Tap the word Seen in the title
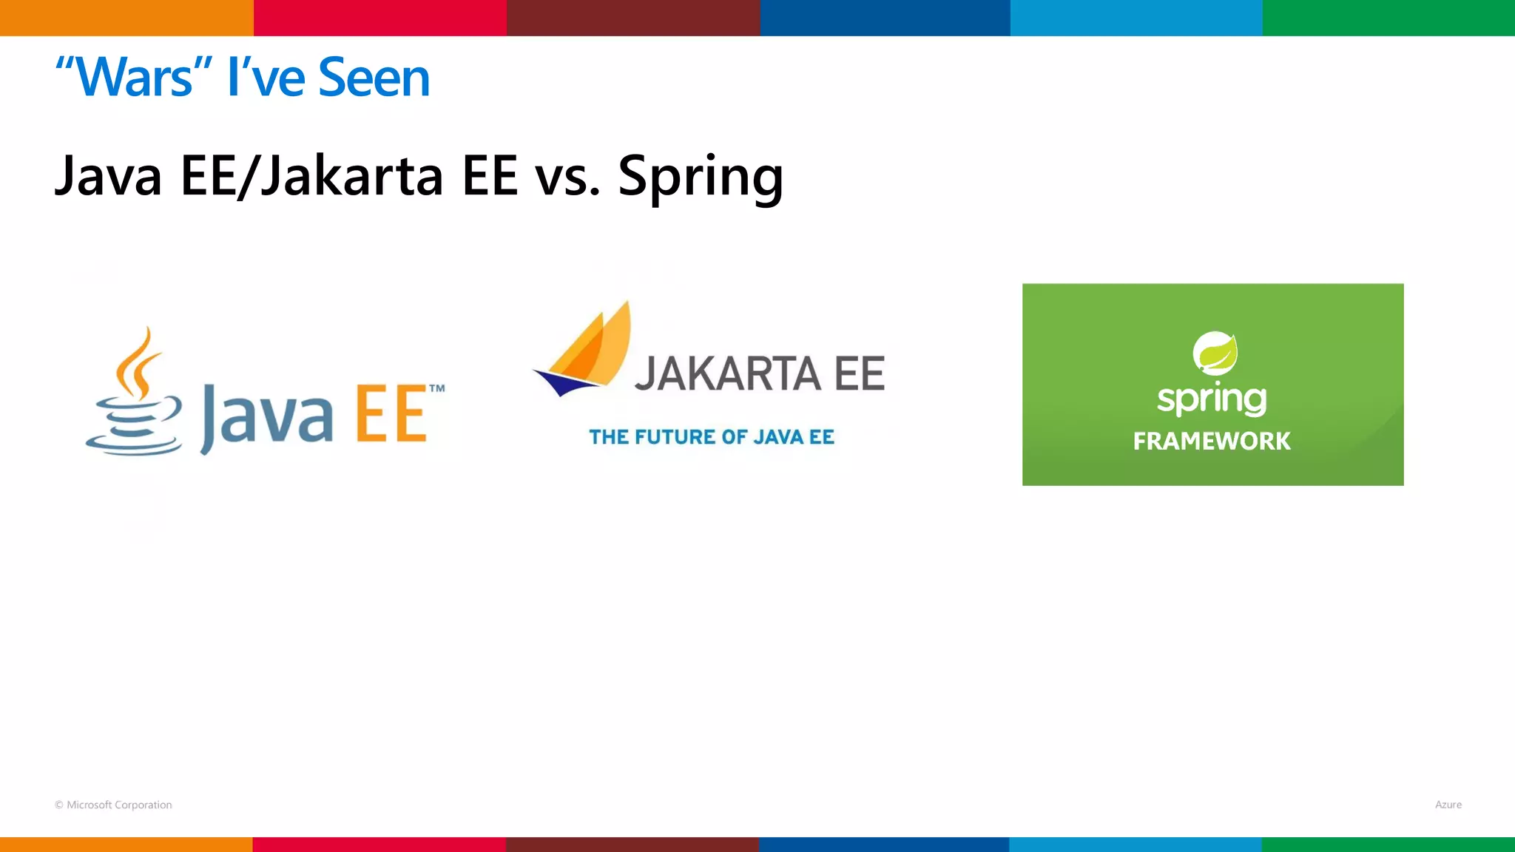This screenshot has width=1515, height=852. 374,78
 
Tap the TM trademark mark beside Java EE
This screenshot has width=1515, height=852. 437,388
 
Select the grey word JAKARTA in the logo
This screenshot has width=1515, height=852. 728,373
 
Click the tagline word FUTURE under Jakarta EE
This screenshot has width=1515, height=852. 679,437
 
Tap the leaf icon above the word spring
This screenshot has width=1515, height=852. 1215,353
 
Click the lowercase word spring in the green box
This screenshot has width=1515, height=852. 1212,399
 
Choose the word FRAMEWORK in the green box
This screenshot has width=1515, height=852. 1212,442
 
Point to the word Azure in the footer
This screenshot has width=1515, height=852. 1448,805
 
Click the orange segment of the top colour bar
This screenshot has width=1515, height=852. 126,18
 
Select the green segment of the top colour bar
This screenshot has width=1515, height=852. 1389,18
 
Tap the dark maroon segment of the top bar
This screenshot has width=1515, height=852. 633,18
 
